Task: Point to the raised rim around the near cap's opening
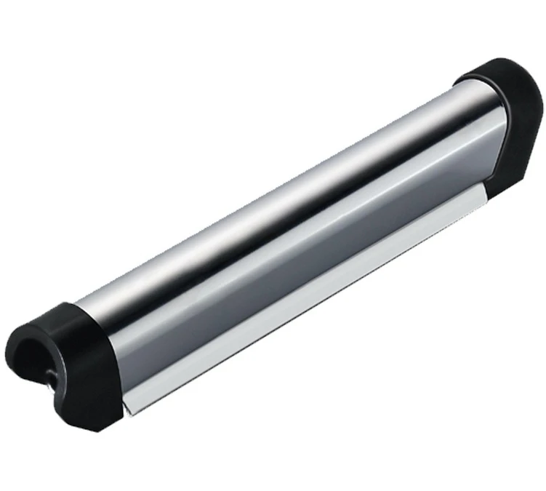[22, 342]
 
